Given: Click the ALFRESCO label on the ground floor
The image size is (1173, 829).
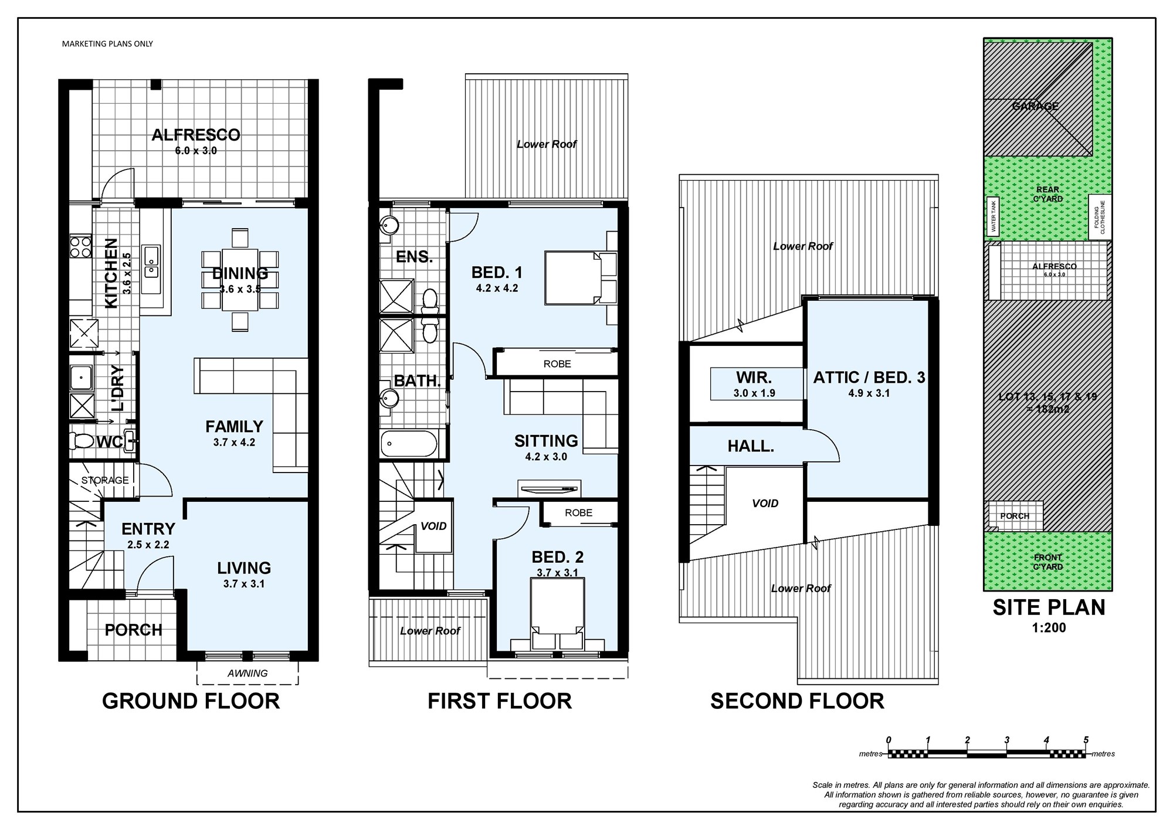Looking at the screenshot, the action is (196, 135).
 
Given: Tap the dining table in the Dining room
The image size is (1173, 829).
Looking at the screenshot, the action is (240, 280).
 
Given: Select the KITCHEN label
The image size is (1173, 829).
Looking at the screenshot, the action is (111, 273).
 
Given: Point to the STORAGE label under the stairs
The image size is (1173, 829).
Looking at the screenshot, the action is (105, 480).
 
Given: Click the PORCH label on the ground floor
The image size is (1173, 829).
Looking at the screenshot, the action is (133, 630).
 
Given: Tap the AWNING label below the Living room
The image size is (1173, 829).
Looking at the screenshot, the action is (248, 674).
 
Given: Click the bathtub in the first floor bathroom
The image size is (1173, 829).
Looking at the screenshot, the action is (409, 444).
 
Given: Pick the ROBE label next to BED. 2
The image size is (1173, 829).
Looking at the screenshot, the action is (579, 512).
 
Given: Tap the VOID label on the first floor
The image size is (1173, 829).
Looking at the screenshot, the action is (433, 526).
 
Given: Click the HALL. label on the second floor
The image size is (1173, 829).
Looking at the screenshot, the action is (751, 446).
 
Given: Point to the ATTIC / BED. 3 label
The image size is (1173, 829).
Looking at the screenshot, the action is (869, 377).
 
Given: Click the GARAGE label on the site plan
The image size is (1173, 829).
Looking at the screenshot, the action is (1036, 106).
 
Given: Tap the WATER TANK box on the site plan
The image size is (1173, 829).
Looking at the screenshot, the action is (993, 216).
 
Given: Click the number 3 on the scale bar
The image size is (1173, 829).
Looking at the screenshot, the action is (1007, 740).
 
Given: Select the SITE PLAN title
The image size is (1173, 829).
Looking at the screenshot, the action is (1049, 607).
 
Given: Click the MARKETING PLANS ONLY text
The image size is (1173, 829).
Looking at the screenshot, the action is (107, 43).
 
